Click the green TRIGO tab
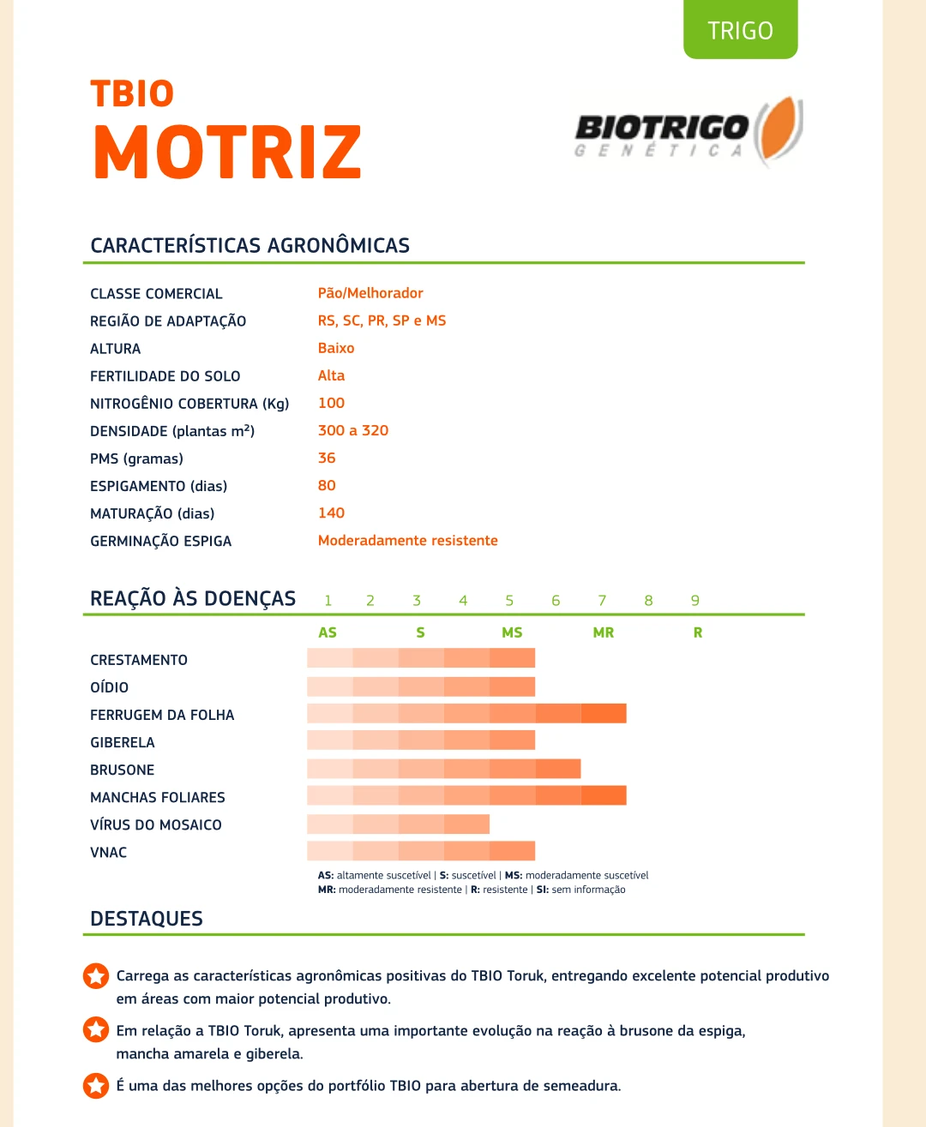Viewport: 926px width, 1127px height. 740,31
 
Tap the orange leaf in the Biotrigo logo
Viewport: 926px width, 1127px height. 776,129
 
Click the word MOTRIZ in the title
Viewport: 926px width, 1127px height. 228,153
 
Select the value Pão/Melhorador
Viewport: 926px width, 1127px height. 370,293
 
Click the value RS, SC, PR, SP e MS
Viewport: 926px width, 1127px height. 382,321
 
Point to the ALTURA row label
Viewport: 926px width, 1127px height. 116,349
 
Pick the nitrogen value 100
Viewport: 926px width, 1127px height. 331,403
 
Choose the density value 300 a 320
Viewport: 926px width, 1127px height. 353,430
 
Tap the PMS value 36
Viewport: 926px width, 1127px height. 327,458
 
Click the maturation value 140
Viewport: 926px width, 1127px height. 331,513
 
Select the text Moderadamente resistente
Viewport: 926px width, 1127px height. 407,541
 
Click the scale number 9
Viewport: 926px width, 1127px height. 695,601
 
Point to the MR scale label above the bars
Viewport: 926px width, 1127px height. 604,632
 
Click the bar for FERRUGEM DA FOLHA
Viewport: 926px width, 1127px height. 466,713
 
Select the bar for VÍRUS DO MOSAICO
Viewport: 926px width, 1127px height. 398,824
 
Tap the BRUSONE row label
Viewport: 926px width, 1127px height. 123,770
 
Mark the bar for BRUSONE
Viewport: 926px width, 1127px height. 443,769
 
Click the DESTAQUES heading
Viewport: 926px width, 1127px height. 147,919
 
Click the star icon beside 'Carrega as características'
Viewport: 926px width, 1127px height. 96,975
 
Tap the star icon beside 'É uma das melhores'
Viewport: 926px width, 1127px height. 96,1085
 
